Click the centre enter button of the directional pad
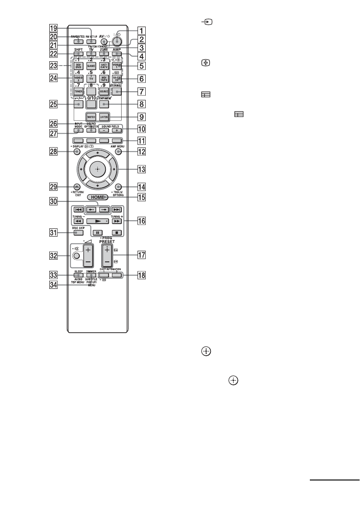(x=98, y=169)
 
